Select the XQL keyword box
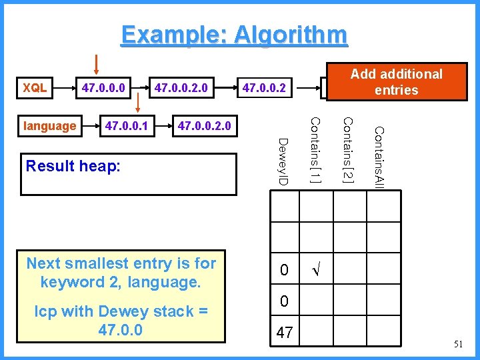click(35, 87)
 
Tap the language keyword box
click(49, 125)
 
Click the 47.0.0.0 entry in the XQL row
click(105, 87)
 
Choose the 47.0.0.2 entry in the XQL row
click(264, 87)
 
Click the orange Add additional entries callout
click(396, 82)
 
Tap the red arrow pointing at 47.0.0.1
click(138, 103)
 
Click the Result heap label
click(73, 166)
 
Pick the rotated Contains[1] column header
click(316, 150)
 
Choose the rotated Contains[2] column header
click(347, 149)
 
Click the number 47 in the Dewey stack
click(285, 333)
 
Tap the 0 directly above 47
click(285, 301)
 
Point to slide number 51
click(457, 344)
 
